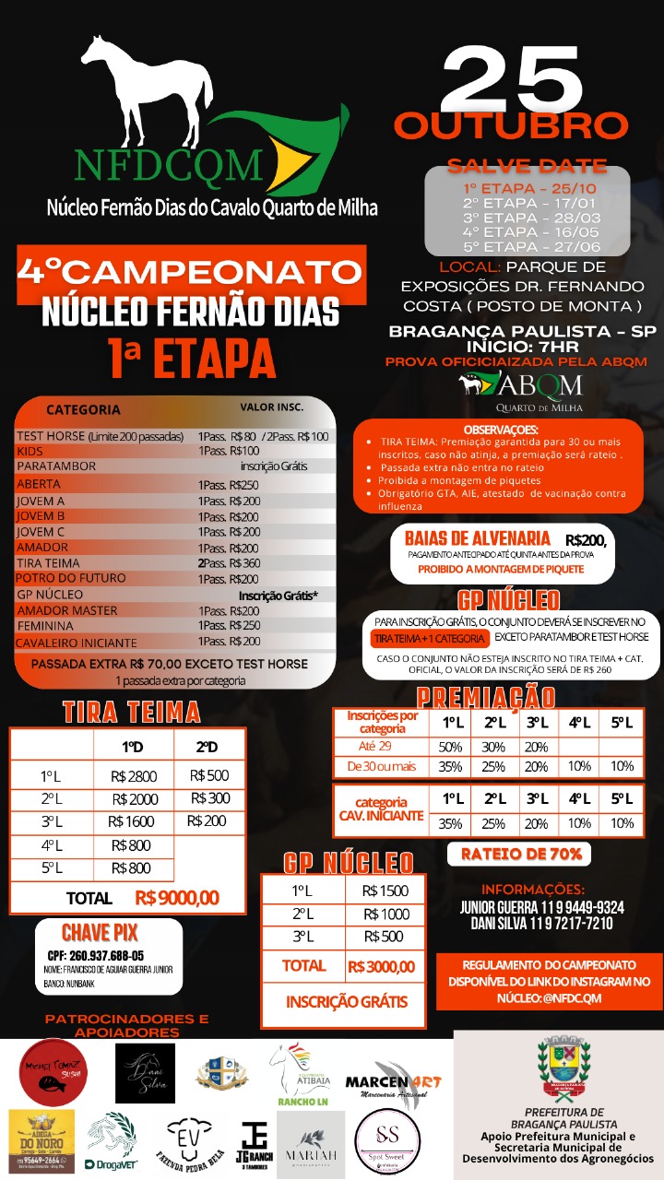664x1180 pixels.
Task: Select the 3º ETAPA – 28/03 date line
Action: coord(527,218)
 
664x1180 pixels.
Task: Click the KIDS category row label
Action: coord(30,451)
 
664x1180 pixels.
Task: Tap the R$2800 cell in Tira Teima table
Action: coord(135,776)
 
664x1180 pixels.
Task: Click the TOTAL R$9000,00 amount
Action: coord(177,897)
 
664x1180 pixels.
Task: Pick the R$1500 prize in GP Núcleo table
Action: coord(385,891)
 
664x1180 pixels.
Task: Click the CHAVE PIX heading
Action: coord(100,932)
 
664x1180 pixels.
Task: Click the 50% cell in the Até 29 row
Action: coord(451,747)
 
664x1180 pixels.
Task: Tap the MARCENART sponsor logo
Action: coord(394,1081)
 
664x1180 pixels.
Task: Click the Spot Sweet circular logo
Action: coord(392,1143)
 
